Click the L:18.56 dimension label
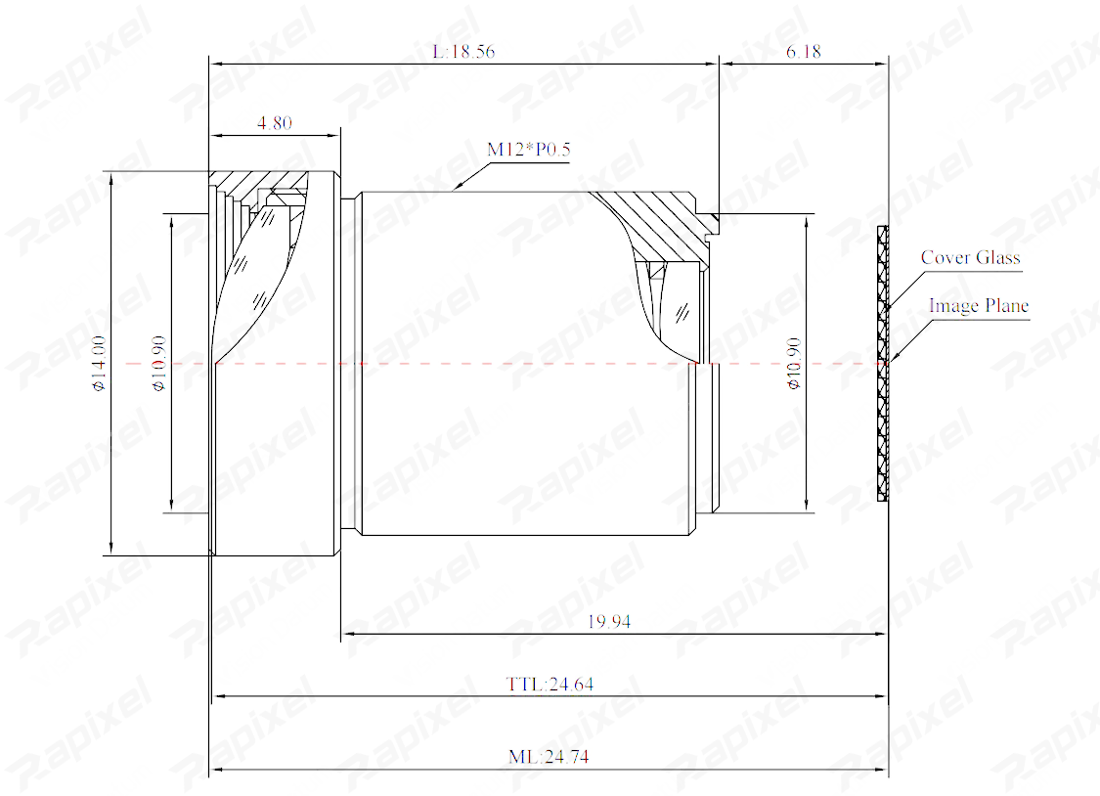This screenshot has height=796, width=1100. [x=463, y=51]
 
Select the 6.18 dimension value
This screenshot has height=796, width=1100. [x=804, y=51]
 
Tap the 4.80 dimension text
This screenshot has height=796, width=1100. [x=275, y=123]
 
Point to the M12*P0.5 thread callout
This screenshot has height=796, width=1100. [x=529, y=150]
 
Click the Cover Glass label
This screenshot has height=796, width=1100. [x=970, y=257]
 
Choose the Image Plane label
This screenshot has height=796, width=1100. [x=979, y=306]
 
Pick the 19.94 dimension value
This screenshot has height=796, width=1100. [x=609, y=621]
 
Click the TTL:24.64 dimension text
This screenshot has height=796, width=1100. [x=550, y=684]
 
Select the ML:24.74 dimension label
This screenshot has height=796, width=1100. [x=549, y=757]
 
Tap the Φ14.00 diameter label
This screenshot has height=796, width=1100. [x=99, y=363]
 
